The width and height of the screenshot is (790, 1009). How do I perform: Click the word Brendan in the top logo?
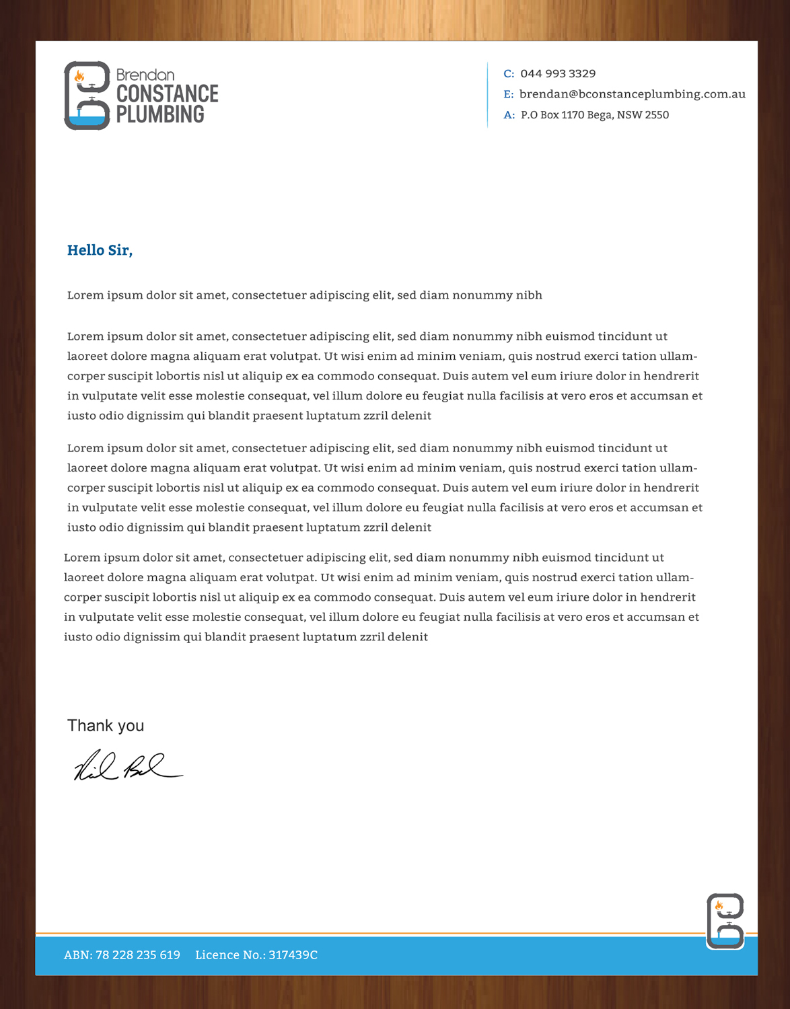pyautogui.click(x=145, y=75)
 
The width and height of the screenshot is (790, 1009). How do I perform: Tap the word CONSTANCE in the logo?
pyautogui.click(x=168, y=94)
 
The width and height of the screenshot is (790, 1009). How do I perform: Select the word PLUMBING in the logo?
pyautogui.click(x=160, y=114)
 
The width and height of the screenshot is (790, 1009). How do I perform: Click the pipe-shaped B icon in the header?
pyautogui.click(x=87, y=96)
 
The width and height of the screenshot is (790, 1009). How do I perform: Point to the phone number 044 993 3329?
pyautogui.click(x=558, y=73)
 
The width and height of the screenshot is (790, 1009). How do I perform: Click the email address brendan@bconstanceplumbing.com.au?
pyautogui.click(x=632, y=94)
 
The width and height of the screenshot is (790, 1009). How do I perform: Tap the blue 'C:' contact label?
pyautogui.click(x=509, y=74)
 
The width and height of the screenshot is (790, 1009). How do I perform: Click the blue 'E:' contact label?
pyautogui.click(x=509, y=94)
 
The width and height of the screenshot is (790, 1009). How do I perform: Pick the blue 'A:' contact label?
pyautogui.click(x=509, y=115)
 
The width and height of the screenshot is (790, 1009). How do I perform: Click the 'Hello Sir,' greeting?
pyautogui.click(x=100, y=250)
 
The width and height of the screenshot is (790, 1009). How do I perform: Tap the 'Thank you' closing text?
pyautogui.click(x=106, y=725)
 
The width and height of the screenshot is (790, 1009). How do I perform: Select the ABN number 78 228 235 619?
pyautogui.click(x=137, y=955)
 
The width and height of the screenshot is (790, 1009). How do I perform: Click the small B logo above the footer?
pyautogui.click(x=725, y=920)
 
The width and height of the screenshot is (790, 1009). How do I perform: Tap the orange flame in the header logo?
pyautogui.click(x=79, y=76)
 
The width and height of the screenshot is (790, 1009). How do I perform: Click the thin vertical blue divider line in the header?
pyautogui.click(x=487, y=94)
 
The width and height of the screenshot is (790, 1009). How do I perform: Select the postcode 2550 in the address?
pyautogui.click(x=657, y=115)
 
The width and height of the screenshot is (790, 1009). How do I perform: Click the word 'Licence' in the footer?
pyautogui.click(x=217, y=955)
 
